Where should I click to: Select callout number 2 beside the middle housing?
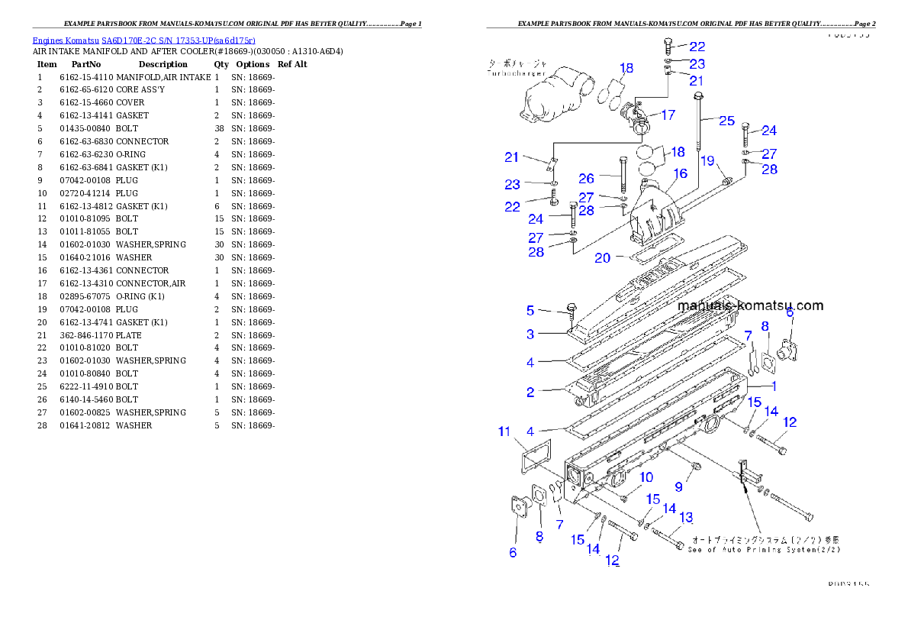530,393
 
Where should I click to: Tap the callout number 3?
530,334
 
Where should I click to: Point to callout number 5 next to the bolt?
530,310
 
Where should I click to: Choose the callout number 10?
646,477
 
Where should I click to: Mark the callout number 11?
504,432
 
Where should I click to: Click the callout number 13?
686,518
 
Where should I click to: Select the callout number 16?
680,173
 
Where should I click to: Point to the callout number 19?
707,160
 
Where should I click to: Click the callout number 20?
603,258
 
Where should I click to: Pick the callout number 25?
726,121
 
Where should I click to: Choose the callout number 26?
586,179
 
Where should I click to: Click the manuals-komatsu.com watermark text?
750,305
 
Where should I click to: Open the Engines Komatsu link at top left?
143,40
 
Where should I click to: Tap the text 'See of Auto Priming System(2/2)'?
764,550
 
